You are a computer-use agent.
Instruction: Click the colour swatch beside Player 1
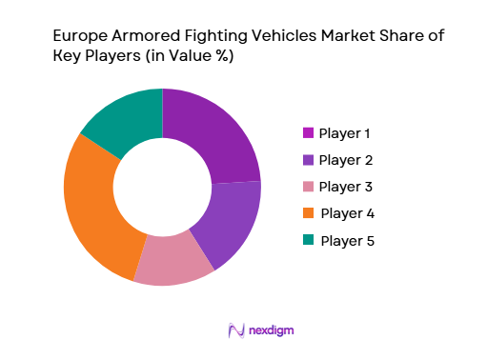(x=308, y=131)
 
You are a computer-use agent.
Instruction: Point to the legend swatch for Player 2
(x=308, y=159)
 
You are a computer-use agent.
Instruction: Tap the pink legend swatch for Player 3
(x=308, y=186)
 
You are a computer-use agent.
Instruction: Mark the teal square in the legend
(x=308, y=240)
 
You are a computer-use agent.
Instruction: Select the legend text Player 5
(x=348, y=240)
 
